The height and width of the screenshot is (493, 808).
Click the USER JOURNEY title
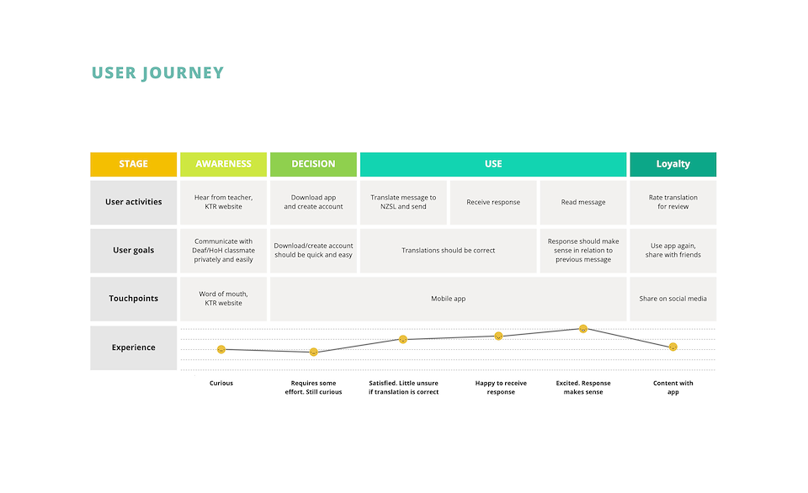(157, 73)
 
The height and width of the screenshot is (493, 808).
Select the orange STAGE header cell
(134, 164)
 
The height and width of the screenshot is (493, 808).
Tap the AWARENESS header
(224, 164)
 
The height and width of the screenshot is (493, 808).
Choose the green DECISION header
(313, 164)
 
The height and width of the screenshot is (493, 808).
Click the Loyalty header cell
(673, 164)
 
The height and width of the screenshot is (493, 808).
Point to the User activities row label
(134, 202)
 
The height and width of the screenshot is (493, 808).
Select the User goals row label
(134, 251)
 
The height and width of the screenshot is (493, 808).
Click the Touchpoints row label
(134, 299)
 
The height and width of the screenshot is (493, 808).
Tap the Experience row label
(134, 347)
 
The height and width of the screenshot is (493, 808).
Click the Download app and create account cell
(313, 202)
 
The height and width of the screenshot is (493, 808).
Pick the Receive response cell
(493, 202)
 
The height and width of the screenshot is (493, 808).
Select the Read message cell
(583, 202)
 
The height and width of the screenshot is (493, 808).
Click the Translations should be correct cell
(449, 251)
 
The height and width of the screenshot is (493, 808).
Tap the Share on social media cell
(673, 299)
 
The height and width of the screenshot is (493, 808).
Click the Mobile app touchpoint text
(449, 299)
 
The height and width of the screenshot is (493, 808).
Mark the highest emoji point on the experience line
(583, 329)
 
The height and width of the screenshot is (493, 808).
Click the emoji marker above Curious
(221, 349)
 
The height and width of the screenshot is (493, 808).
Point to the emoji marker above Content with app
(673, 347)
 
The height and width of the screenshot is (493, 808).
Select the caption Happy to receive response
(501, 387)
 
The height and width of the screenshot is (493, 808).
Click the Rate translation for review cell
(673, 202)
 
